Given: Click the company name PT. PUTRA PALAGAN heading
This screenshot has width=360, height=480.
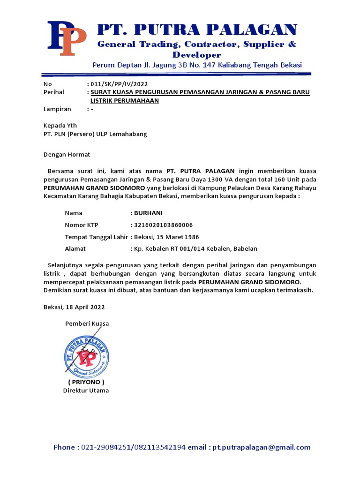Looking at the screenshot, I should coord(197,30).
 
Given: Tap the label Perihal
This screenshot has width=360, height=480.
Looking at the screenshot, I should coord(53,92).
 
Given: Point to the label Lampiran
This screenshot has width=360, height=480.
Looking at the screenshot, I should coord(57,109).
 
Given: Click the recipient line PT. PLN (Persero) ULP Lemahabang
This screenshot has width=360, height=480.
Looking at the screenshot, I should coord(95,134).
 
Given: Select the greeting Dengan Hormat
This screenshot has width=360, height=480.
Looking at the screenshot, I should coord(67,154).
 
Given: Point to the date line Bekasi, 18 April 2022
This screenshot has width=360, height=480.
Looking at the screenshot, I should coord(74,307).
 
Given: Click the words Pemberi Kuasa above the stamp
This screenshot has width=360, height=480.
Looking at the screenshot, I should coord(87,324).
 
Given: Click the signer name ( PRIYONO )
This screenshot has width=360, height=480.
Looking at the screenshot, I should coord(86,382).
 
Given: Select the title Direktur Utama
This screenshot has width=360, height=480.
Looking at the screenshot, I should coord(86,390).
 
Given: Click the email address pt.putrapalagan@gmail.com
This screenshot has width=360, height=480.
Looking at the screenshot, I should coord(261,448).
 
